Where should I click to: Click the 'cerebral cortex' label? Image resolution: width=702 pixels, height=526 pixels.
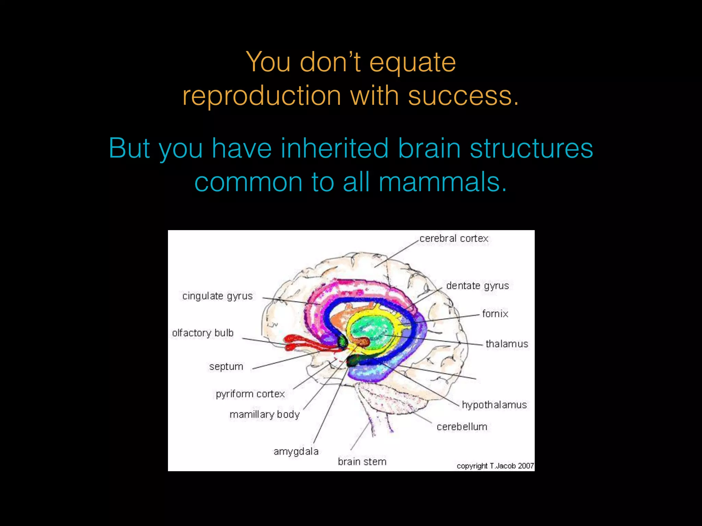(x=453, y=238)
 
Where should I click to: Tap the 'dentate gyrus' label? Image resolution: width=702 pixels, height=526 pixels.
(x=477, y=286)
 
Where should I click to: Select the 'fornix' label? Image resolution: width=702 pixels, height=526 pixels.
(x=495, y=314)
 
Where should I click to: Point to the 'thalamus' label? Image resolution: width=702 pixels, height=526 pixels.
(x=507, y=344)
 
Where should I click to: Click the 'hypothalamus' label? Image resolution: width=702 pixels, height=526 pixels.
(x=494, y=405)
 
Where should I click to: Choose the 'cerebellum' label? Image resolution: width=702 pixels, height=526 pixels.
(x=462, y=427)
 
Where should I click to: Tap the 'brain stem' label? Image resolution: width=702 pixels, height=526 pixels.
(x=362, y=462)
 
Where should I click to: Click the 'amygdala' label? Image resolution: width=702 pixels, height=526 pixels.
(x=296, y=451)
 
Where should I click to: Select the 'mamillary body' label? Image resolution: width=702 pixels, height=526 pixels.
(x=264, y=414)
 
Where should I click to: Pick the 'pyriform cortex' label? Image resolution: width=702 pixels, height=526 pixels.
(x=250, y=394)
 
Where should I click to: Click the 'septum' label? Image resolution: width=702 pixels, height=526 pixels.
(x=226, y=366)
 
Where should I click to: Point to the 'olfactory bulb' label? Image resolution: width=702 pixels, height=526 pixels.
(x=203, y=333)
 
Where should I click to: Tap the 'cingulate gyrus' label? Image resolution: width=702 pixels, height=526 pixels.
(x=217, y=296)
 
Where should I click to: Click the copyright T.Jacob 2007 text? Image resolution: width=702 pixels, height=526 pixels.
(x=495, y=466)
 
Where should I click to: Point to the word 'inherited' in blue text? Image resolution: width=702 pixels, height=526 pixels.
(x=335, y=148)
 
